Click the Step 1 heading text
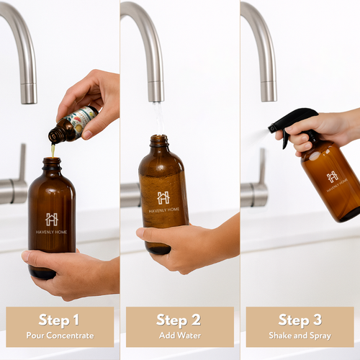pos(60,320)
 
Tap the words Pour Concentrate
pos(60,335)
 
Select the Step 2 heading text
pos(180,320)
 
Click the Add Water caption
pos(180,335)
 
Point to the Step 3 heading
pos(300,320)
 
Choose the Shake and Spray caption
pos(300,335)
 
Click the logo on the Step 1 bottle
pos(52,219)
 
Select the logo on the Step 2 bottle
pos(163,197)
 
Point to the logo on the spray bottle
pos(332,176)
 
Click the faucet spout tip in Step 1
pos(29,99)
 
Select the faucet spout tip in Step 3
pos(269,97)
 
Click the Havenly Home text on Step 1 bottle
pos(52,232)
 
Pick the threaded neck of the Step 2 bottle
pos(160,140)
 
